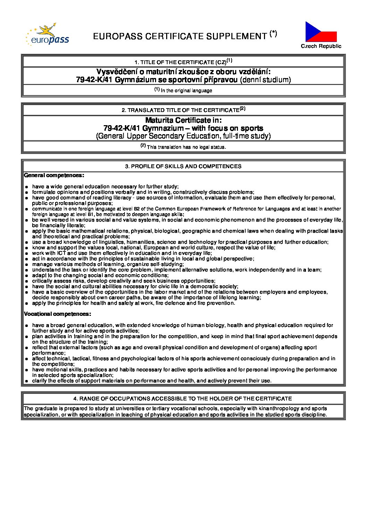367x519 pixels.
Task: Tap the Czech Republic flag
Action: click(x=321, y=32)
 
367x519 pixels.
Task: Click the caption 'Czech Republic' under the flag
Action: click(x=321, y=46)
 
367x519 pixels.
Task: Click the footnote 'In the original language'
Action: click(x=186, y=91)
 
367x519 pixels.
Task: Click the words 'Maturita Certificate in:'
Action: click(x=183, y=120)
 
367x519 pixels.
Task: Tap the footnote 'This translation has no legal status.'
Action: click(x=186, y=147)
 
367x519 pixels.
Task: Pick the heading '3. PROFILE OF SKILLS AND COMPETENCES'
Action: click(x=183, y=166)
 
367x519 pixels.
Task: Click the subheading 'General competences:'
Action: click(x=54, y=175)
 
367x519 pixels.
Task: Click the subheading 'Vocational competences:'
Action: click(x=58, y=314)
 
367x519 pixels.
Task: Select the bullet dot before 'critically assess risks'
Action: click(x=26, y=281)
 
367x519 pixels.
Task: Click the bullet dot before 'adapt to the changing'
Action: click(x=26, y=276)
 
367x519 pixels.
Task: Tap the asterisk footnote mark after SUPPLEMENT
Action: click(x=273, y=33)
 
